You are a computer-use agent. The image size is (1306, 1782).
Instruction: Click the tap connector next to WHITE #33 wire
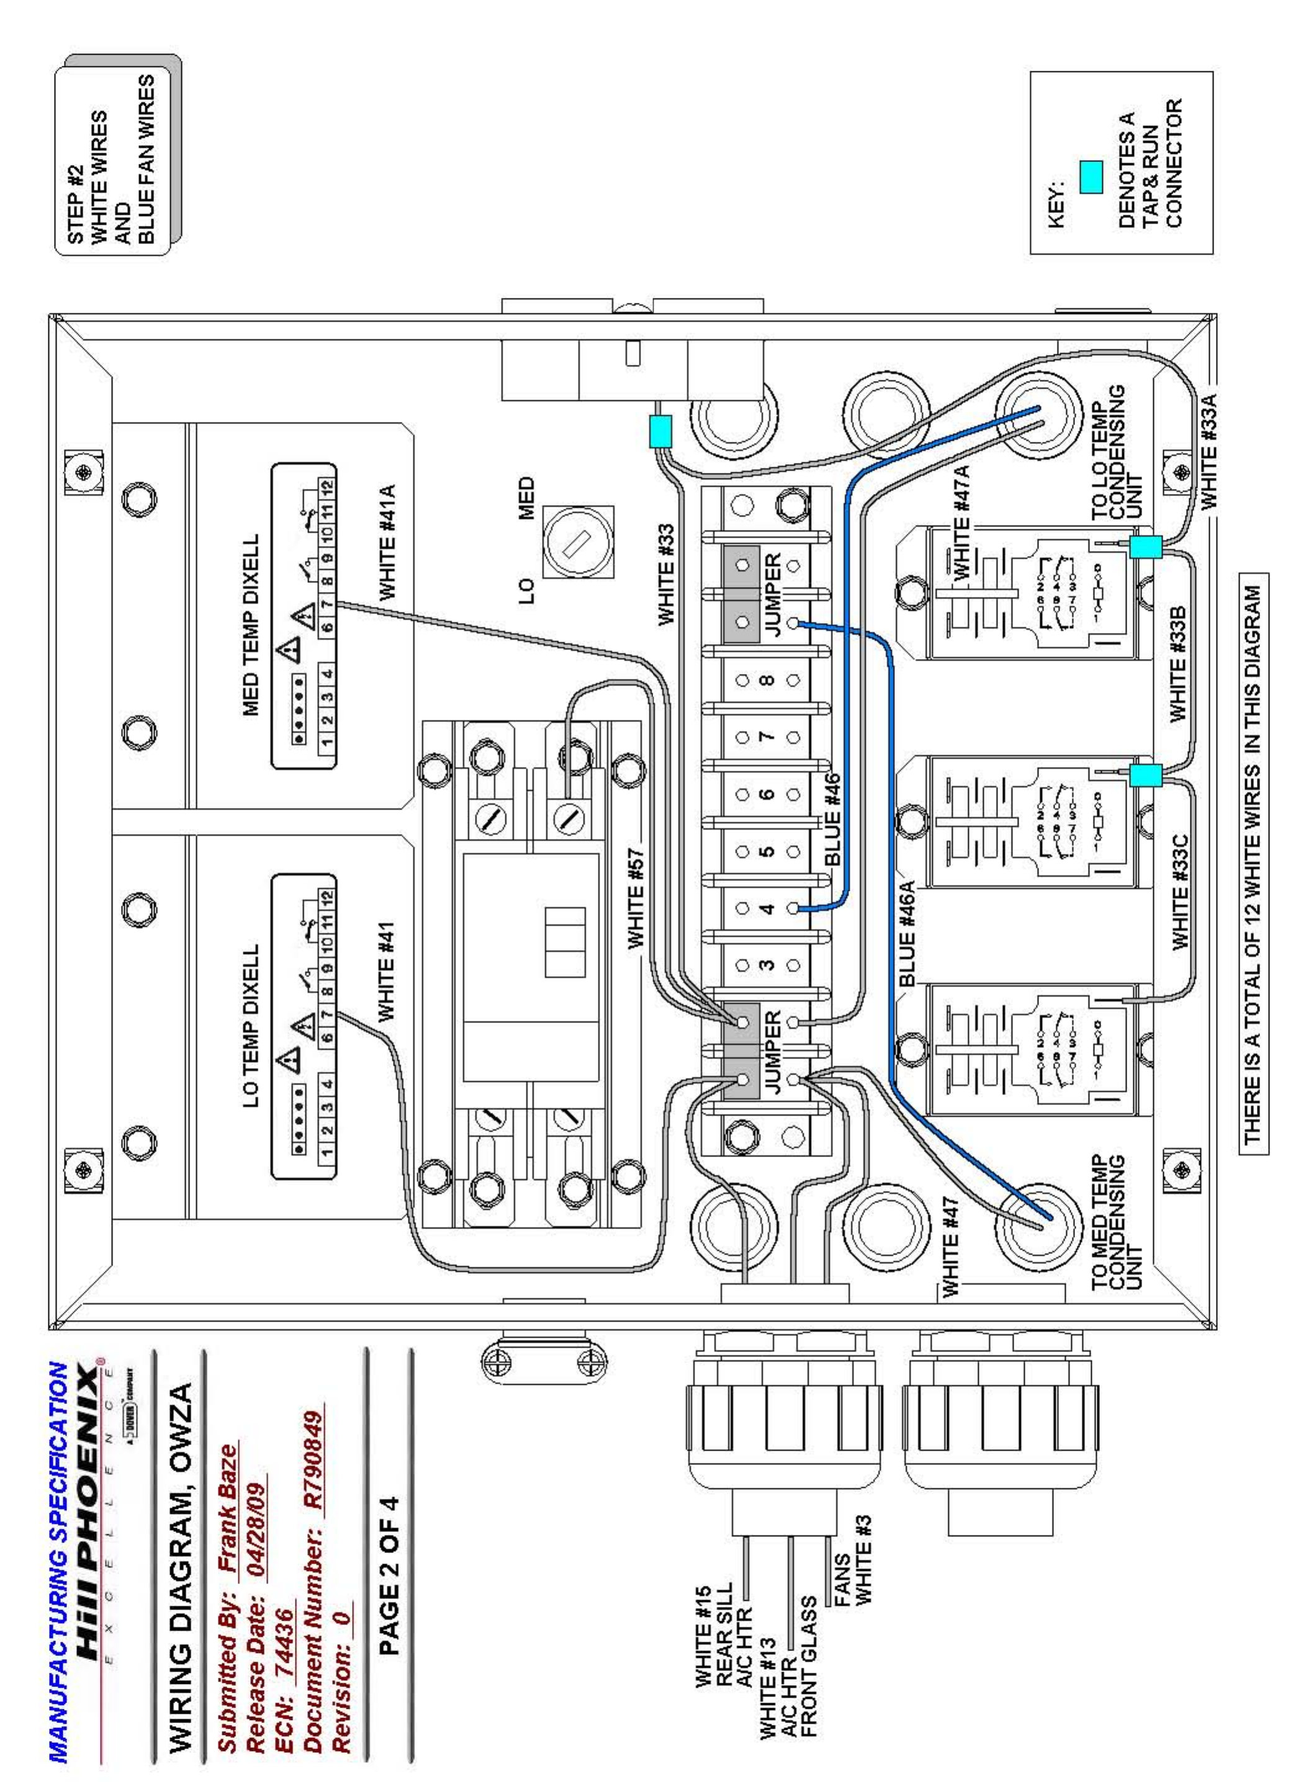(659, 431)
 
